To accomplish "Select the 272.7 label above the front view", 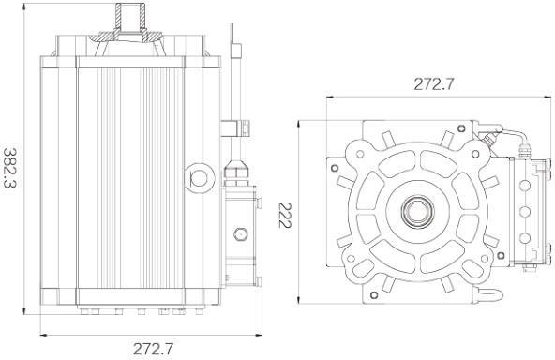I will click(433, 84).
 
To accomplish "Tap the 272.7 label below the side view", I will click(154, 349).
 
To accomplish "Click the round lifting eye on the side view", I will click(200, 175).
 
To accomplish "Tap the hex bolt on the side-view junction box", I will click(241, 233).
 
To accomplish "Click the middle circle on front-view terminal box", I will click(523, 209).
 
